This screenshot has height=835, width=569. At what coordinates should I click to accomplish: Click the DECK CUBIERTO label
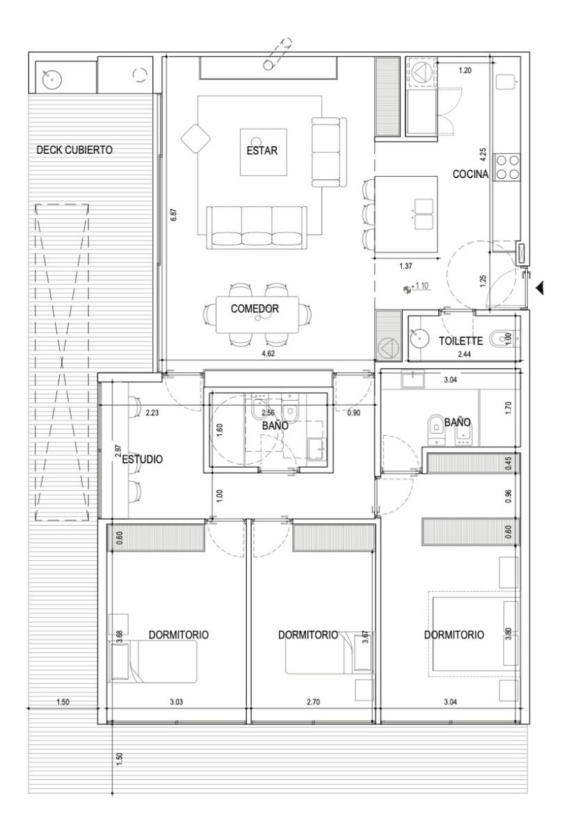(74, 150)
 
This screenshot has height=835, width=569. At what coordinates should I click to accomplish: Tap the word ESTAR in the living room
(262, 150)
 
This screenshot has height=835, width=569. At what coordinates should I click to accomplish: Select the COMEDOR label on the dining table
(255, 309)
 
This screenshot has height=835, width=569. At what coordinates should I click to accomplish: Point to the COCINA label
(470, 174)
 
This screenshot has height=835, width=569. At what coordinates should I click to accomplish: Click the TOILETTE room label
(460, 341)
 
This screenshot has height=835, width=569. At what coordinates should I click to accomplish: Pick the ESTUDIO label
(143, 459)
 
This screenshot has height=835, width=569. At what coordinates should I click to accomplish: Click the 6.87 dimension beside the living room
(174, 215)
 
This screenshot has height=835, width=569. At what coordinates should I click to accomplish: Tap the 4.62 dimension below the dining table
(268, 353)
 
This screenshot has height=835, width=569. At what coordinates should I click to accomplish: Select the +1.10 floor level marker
(417, 287)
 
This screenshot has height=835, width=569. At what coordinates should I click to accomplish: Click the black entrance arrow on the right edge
(540, 288)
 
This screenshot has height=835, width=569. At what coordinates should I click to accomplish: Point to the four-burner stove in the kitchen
(507, 166)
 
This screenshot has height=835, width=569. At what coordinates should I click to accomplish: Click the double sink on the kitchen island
(424, 214)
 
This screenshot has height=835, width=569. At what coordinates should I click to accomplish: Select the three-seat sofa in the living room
(257, 227)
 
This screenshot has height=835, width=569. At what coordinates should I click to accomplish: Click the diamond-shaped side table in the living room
(195, 138)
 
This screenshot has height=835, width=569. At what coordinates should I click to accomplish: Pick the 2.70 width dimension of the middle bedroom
(313, 702)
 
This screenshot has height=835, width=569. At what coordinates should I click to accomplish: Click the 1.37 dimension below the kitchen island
(406, 266)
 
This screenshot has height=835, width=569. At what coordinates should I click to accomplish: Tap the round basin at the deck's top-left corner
(51, 79)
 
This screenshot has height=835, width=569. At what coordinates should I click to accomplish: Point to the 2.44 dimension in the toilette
(464, 354)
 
